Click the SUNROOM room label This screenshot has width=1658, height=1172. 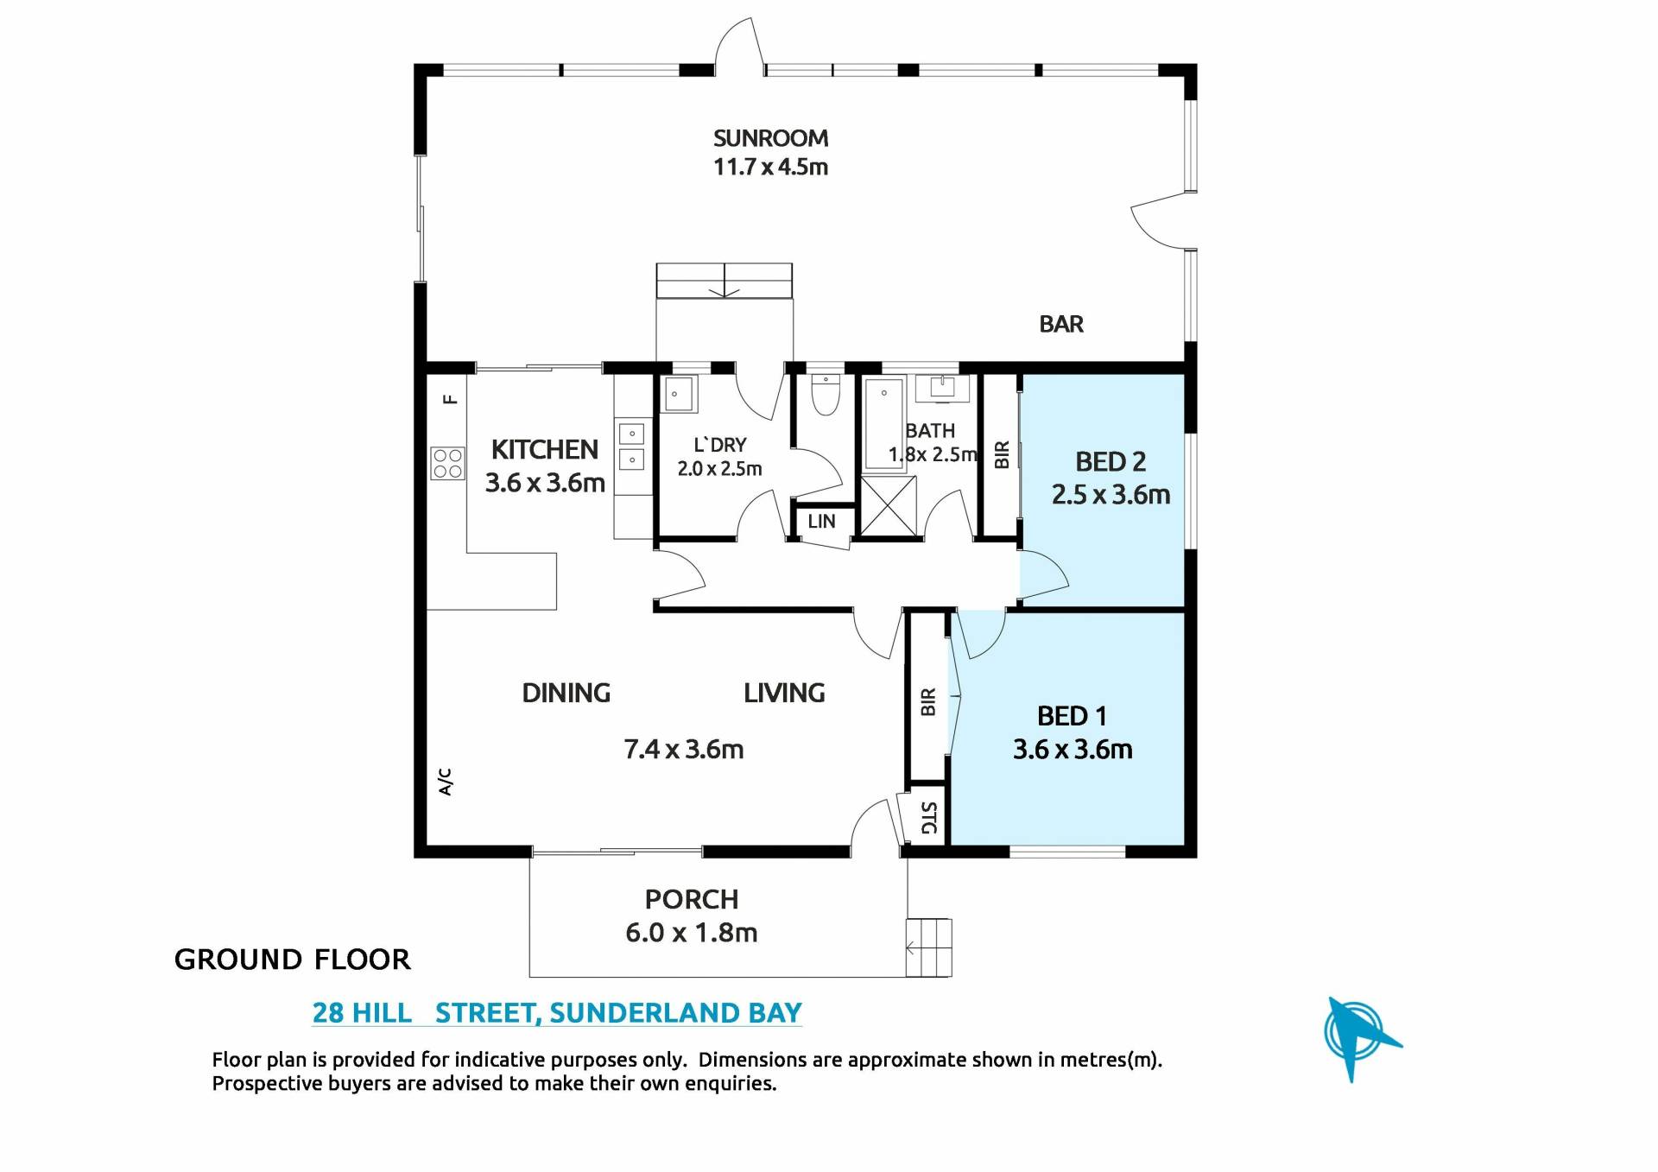tap(770, 138)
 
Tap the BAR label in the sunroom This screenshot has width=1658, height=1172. tap(1061, 324)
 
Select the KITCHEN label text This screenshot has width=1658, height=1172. tap(544, 449)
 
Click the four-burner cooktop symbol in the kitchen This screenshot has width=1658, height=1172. tap(447, 463)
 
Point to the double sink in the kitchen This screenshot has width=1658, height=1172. tap(632, 447)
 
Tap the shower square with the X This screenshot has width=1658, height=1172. tap(889, 506)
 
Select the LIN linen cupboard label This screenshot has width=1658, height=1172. tap(821, 522)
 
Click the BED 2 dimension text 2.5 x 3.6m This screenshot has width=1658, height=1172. tap(1111, 495)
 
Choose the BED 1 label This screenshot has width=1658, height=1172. tap(1072, 716)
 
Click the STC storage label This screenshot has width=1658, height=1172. tap(928, 817)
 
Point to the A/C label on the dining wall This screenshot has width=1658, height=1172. tap(445, 782)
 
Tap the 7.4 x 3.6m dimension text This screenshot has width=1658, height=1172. tap(684, 749)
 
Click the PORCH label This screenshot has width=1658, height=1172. tap(692, 900)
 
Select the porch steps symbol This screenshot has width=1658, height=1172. tap(928, 948)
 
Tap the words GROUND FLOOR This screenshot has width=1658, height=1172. tap(292, 960)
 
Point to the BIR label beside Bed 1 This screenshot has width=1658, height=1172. tap(928, 701)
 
